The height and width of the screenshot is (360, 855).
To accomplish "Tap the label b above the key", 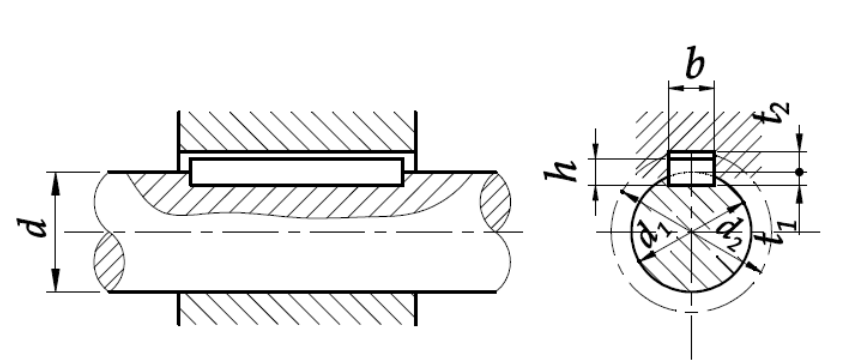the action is pos(694,64).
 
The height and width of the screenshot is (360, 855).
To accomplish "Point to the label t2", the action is pos(775,114).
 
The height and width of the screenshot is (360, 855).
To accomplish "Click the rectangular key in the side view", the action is pos(297,172).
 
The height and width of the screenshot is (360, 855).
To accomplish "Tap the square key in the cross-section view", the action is pos(691,169).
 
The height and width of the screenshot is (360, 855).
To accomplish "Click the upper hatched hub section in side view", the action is pos(297,131).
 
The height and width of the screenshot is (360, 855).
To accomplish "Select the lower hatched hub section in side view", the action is pos(297,309).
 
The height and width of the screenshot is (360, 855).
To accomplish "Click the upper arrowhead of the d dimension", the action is pos(55,183).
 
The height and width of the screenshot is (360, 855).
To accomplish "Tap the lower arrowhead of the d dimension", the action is pos(55,281).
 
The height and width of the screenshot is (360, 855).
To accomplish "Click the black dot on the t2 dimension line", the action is pos(799,172).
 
